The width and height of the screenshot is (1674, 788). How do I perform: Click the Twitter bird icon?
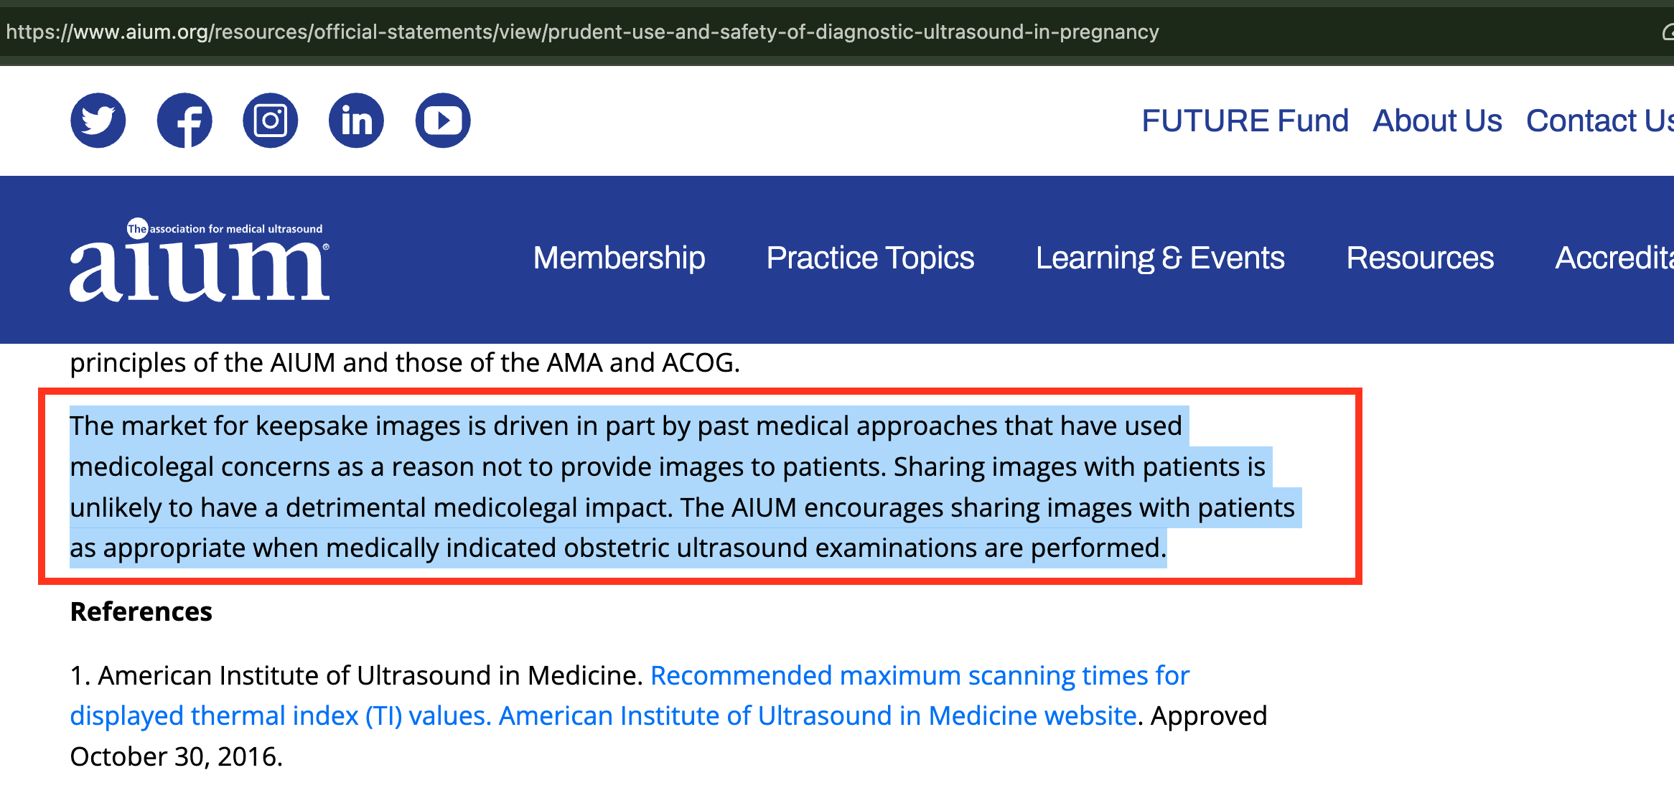point(98,121)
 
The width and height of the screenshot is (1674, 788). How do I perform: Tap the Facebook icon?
point(184,121)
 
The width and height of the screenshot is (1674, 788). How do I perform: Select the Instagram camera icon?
point(271,121)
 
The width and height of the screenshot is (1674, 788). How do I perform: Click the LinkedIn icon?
point(357,121)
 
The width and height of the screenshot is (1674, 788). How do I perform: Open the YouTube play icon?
point(443,121)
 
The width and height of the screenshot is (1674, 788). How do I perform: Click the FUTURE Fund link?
point(1245,121)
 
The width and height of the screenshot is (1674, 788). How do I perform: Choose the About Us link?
point(1437,121)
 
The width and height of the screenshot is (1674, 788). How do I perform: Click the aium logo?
point(200,260)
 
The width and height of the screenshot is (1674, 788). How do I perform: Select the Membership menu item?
point(619,258)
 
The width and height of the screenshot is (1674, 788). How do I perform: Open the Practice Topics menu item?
point(870,258)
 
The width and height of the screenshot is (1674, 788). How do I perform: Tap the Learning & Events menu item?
point(1160,258)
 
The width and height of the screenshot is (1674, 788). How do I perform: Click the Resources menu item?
point(1420,258)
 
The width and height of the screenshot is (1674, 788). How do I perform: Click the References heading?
point(141,611)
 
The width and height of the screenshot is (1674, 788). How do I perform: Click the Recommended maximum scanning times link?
point(920,676)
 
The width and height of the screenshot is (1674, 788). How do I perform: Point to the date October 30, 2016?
point(177,756)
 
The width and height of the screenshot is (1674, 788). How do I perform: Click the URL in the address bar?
point(582,32)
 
